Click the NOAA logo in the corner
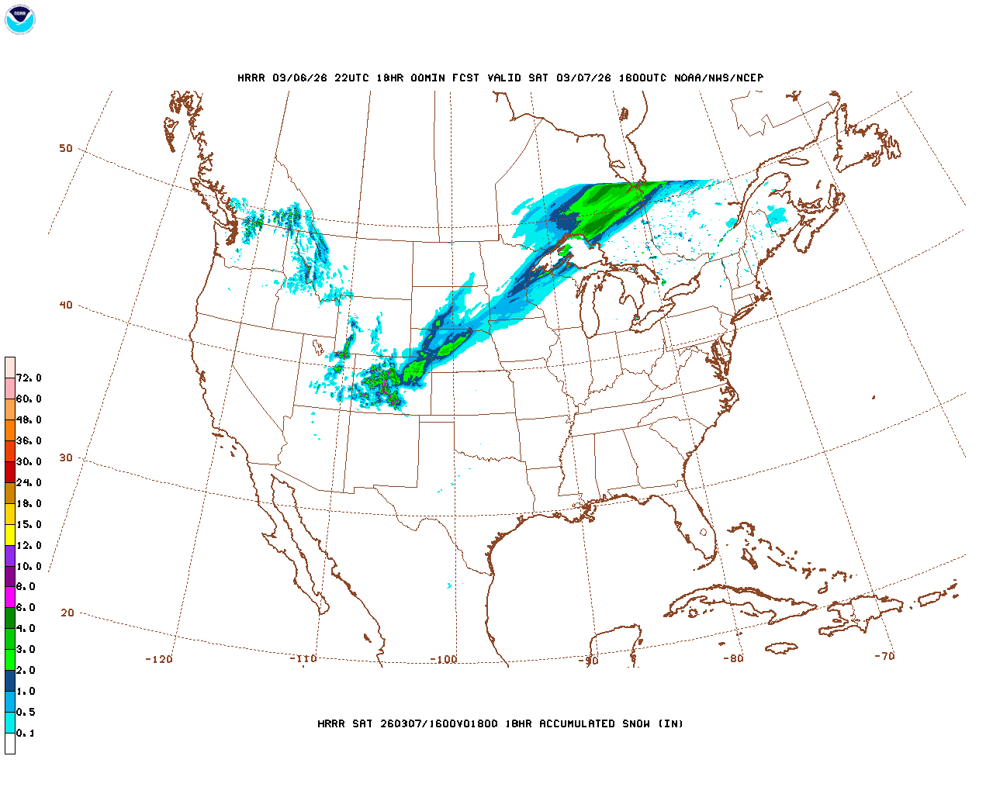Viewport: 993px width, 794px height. pos(19,19)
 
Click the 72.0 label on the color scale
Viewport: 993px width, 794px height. pos(29,378)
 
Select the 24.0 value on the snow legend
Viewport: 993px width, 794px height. pos(29,483)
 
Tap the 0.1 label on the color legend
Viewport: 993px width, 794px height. pos(26,734)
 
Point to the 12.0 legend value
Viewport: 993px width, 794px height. pos(29,546)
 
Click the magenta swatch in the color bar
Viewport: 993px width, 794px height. pos(10,597)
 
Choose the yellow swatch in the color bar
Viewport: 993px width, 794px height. pos(10,534)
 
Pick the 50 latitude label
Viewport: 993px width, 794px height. pos(66,149)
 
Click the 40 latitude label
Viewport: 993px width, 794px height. pos(66,306)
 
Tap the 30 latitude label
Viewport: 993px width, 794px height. pos(66,458)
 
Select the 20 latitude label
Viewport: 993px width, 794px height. pos(67,613)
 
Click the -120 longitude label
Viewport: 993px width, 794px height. pos(159,660)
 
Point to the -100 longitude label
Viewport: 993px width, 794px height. pos(444,660)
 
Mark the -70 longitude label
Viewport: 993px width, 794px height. pos(884,656)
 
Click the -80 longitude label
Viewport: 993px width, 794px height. pos(733,659)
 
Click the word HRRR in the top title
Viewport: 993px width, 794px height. pos(251,78)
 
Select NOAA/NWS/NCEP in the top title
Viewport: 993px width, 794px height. pos(718,78)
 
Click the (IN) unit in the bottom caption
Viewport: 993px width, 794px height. pos(670,724)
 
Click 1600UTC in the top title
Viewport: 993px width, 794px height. pos(642,78)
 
